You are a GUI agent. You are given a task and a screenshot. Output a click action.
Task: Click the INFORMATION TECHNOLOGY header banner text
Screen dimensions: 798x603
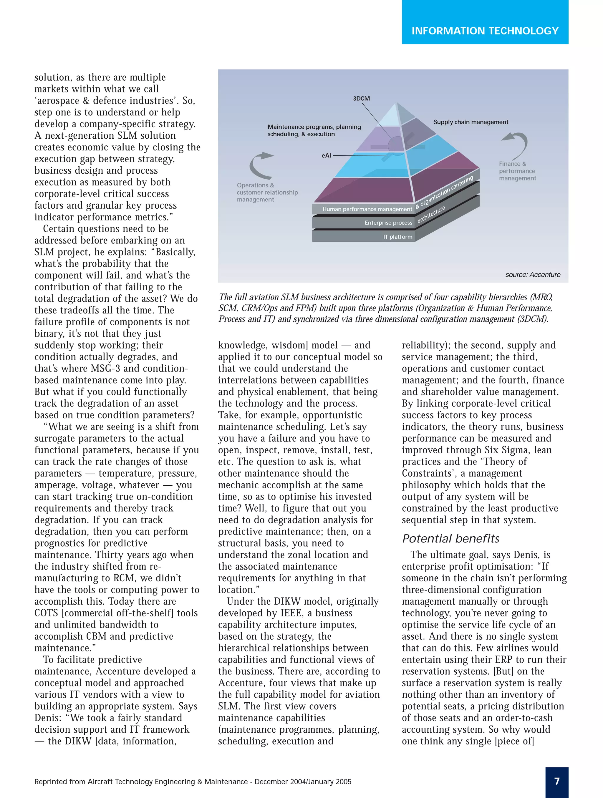coord(485,31)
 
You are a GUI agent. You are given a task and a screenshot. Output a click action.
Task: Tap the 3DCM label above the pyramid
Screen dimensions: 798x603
coord(361,99)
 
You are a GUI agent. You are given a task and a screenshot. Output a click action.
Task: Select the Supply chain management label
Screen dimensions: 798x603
coord(471,122)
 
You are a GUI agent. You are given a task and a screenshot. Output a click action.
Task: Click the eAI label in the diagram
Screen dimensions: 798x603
coord(326,155)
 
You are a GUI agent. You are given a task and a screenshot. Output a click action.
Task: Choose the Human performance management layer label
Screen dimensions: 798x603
coord(367,209)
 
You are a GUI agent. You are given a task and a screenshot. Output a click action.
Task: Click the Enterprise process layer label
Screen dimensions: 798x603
coord(388,223)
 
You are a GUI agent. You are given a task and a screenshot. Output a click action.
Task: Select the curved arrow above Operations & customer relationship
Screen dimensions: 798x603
coord(259,165)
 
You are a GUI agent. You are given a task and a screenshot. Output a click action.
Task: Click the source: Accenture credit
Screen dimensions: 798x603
coord(533,275)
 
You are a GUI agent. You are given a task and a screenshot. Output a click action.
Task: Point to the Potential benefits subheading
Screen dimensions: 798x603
coord(451,539)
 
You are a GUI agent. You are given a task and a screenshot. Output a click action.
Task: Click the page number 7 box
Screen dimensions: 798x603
coord(556,782)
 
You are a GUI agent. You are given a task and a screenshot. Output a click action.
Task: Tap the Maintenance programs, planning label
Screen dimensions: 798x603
coord(314,127)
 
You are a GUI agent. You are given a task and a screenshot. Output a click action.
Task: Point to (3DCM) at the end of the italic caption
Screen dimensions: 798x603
coord(532,319)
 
